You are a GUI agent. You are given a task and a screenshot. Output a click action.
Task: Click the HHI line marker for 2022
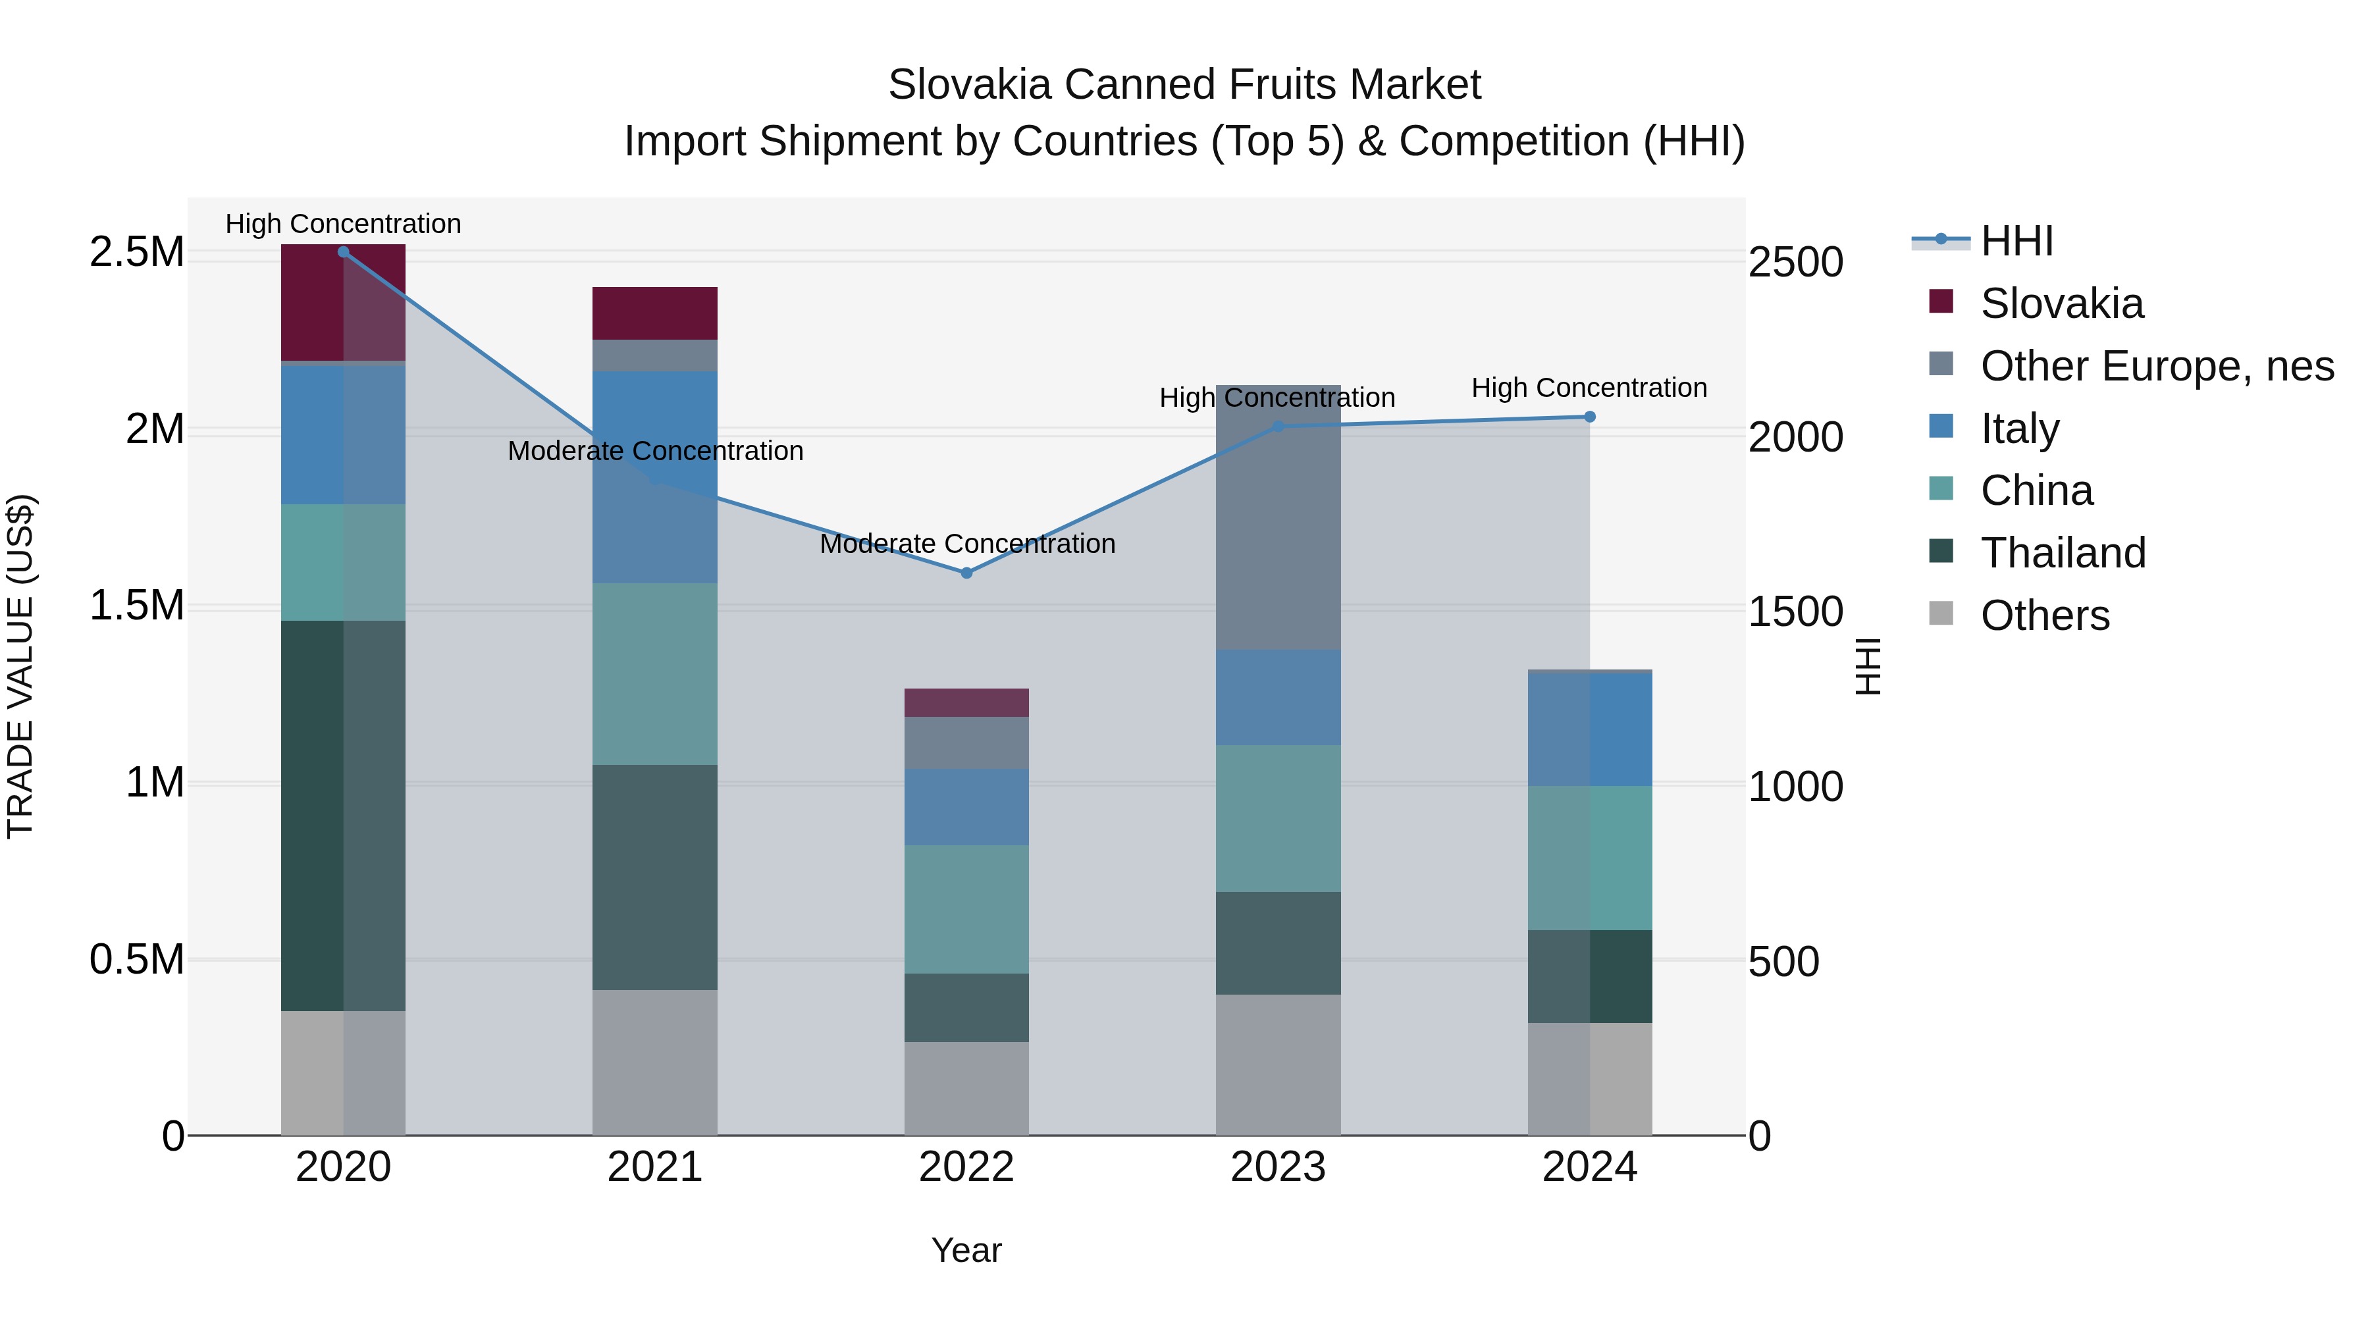click(x=966, y=572)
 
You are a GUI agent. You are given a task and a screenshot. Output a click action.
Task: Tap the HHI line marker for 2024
click(x=1589, y=417)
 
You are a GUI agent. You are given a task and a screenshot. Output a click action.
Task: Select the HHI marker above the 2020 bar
click(x=343, y=251)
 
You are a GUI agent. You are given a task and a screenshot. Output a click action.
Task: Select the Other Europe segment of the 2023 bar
click(x=1278, y=517)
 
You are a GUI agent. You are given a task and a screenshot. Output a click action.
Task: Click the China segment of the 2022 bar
click(x=966, y=909)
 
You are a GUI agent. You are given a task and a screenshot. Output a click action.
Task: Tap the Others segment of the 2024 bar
click(x=1589, y=1078)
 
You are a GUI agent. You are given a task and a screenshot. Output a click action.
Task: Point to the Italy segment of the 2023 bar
click(x=1278, y=697)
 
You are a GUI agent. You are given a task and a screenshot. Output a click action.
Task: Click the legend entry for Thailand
click(x=2062, y=553)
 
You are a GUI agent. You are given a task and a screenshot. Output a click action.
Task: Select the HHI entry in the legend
click(x=2016, y=241)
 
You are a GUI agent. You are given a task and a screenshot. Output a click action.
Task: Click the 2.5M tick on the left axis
click(x=136, y=252)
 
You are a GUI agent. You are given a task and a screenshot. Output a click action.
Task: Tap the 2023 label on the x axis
click(x=1278, y=1167)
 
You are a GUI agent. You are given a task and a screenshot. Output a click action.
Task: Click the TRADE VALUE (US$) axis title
click(x=20, y=666)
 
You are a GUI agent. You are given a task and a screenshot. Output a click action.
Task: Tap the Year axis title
click(x=966, y=1250)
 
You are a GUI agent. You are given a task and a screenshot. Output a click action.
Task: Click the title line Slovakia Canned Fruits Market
click(x=1184, y=85)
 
